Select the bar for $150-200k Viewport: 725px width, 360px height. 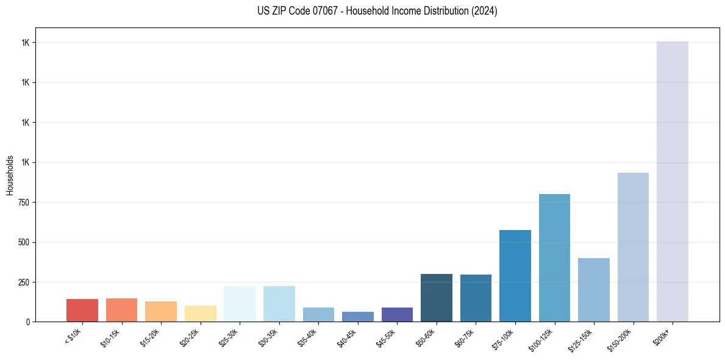click(633, 247)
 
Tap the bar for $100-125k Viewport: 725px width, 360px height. click(554, 257)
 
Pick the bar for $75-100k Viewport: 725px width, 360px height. click(515, 276)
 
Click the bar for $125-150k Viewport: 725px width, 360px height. click(593, 290)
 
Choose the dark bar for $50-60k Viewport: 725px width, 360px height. click(436, 298)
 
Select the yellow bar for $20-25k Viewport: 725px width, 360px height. click(200, 314)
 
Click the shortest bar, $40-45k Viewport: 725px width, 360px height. click(357, 317)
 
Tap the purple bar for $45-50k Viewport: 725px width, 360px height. click(397, 314)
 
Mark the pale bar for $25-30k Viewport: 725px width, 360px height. click(240, 304)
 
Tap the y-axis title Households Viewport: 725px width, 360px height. click(10, 175)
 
